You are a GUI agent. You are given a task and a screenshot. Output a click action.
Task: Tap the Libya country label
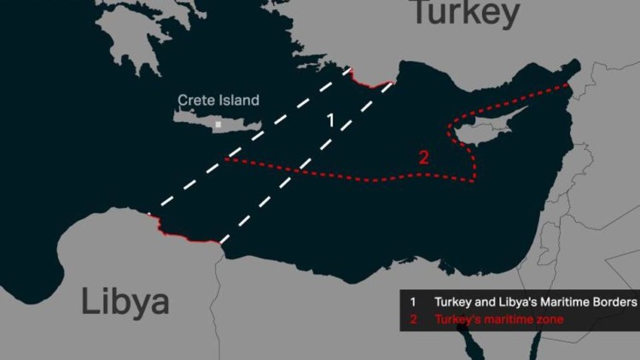coord(125,302)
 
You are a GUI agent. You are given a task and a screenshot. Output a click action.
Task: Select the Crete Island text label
coord(218,101)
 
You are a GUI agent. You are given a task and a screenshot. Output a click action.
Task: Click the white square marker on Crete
coord(218,125)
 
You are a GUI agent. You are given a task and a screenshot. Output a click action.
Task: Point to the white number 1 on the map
coord(331,119)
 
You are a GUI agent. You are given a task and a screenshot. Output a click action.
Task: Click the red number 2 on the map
coord(423,157)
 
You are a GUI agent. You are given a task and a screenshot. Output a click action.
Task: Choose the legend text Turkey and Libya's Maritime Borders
coord(535,302)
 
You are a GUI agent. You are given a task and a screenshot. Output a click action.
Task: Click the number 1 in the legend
coord(412,302)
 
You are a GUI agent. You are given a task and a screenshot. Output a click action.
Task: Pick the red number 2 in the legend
coord(412,319)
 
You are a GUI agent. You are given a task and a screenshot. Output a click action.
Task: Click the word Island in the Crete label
coord(239,101)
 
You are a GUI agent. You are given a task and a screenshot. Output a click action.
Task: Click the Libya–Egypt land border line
coord(217,290)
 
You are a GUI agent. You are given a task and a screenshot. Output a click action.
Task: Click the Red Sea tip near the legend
coord(466,341)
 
